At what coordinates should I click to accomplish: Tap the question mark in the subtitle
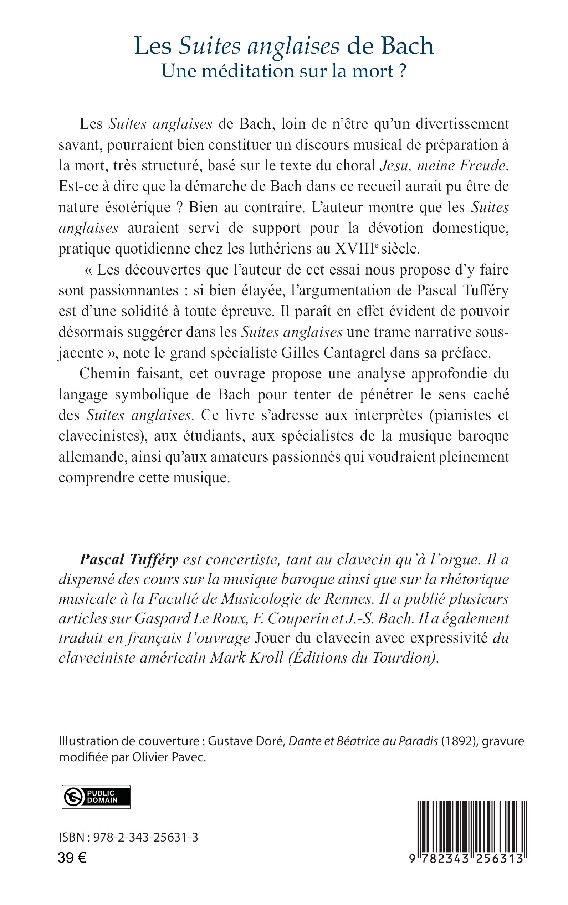(x=402, y=71)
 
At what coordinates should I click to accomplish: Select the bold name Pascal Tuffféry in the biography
(x=128, y=560)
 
